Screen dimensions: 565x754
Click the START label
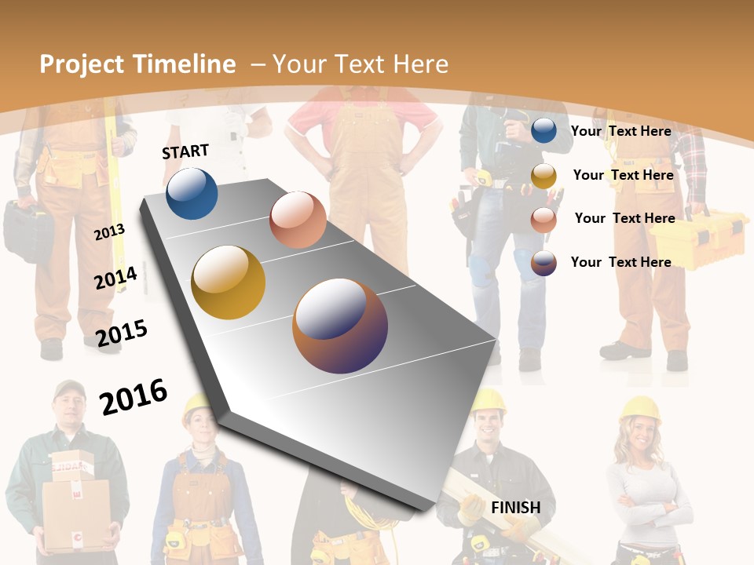185,151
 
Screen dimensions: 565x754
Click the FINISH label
515,508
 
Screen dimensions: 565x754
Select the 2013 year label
109,232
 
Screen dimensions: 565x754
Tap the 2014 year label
115,278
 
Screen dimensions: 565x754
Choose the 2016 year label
134,396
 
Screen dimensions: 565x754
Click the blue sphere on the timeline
192,193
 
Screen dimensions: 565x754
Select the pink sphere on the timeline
298,219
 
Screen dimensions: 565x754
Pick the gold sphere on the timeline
228,282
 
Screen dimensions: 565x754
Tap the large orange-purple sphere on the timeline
340,326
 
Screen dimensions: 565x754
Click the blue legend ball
544,130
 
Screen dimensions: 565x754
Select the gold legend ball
544,176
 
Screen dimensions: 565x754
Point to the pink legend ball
544,220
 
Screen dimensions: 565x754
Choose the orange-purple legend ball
544,263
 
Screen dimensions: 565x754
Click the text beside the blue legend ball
620,131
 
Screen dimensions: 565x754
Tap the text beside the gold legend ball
623,175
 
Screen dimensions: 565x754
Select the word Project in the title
82,64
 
